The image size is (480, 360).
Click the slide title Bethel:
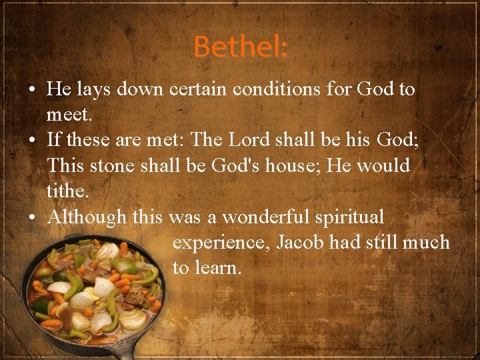[x=241, y=47]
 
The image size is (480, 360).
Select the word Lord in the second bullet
[x=251, y=141]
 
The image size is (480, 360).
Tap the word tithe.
[x=69, y=191]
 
